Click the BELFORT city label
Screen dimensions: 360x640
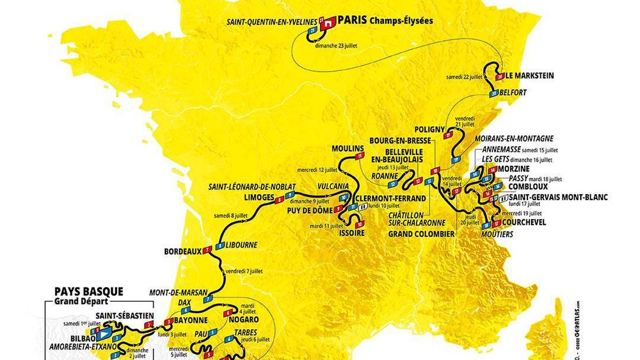click(514, 92)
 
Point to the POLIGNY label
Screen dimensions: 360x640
click(429, 129)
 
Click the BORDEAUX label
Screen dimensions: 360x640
click(182, 250)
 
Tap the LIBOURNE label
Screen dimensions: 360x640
click(242, 245)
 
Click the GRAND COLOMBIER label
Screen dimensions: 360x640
click(421, 234)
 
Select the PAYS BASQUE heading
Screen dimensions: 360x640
click(89, 292)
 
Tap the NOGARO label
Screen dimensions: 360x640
click(244, 319)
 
